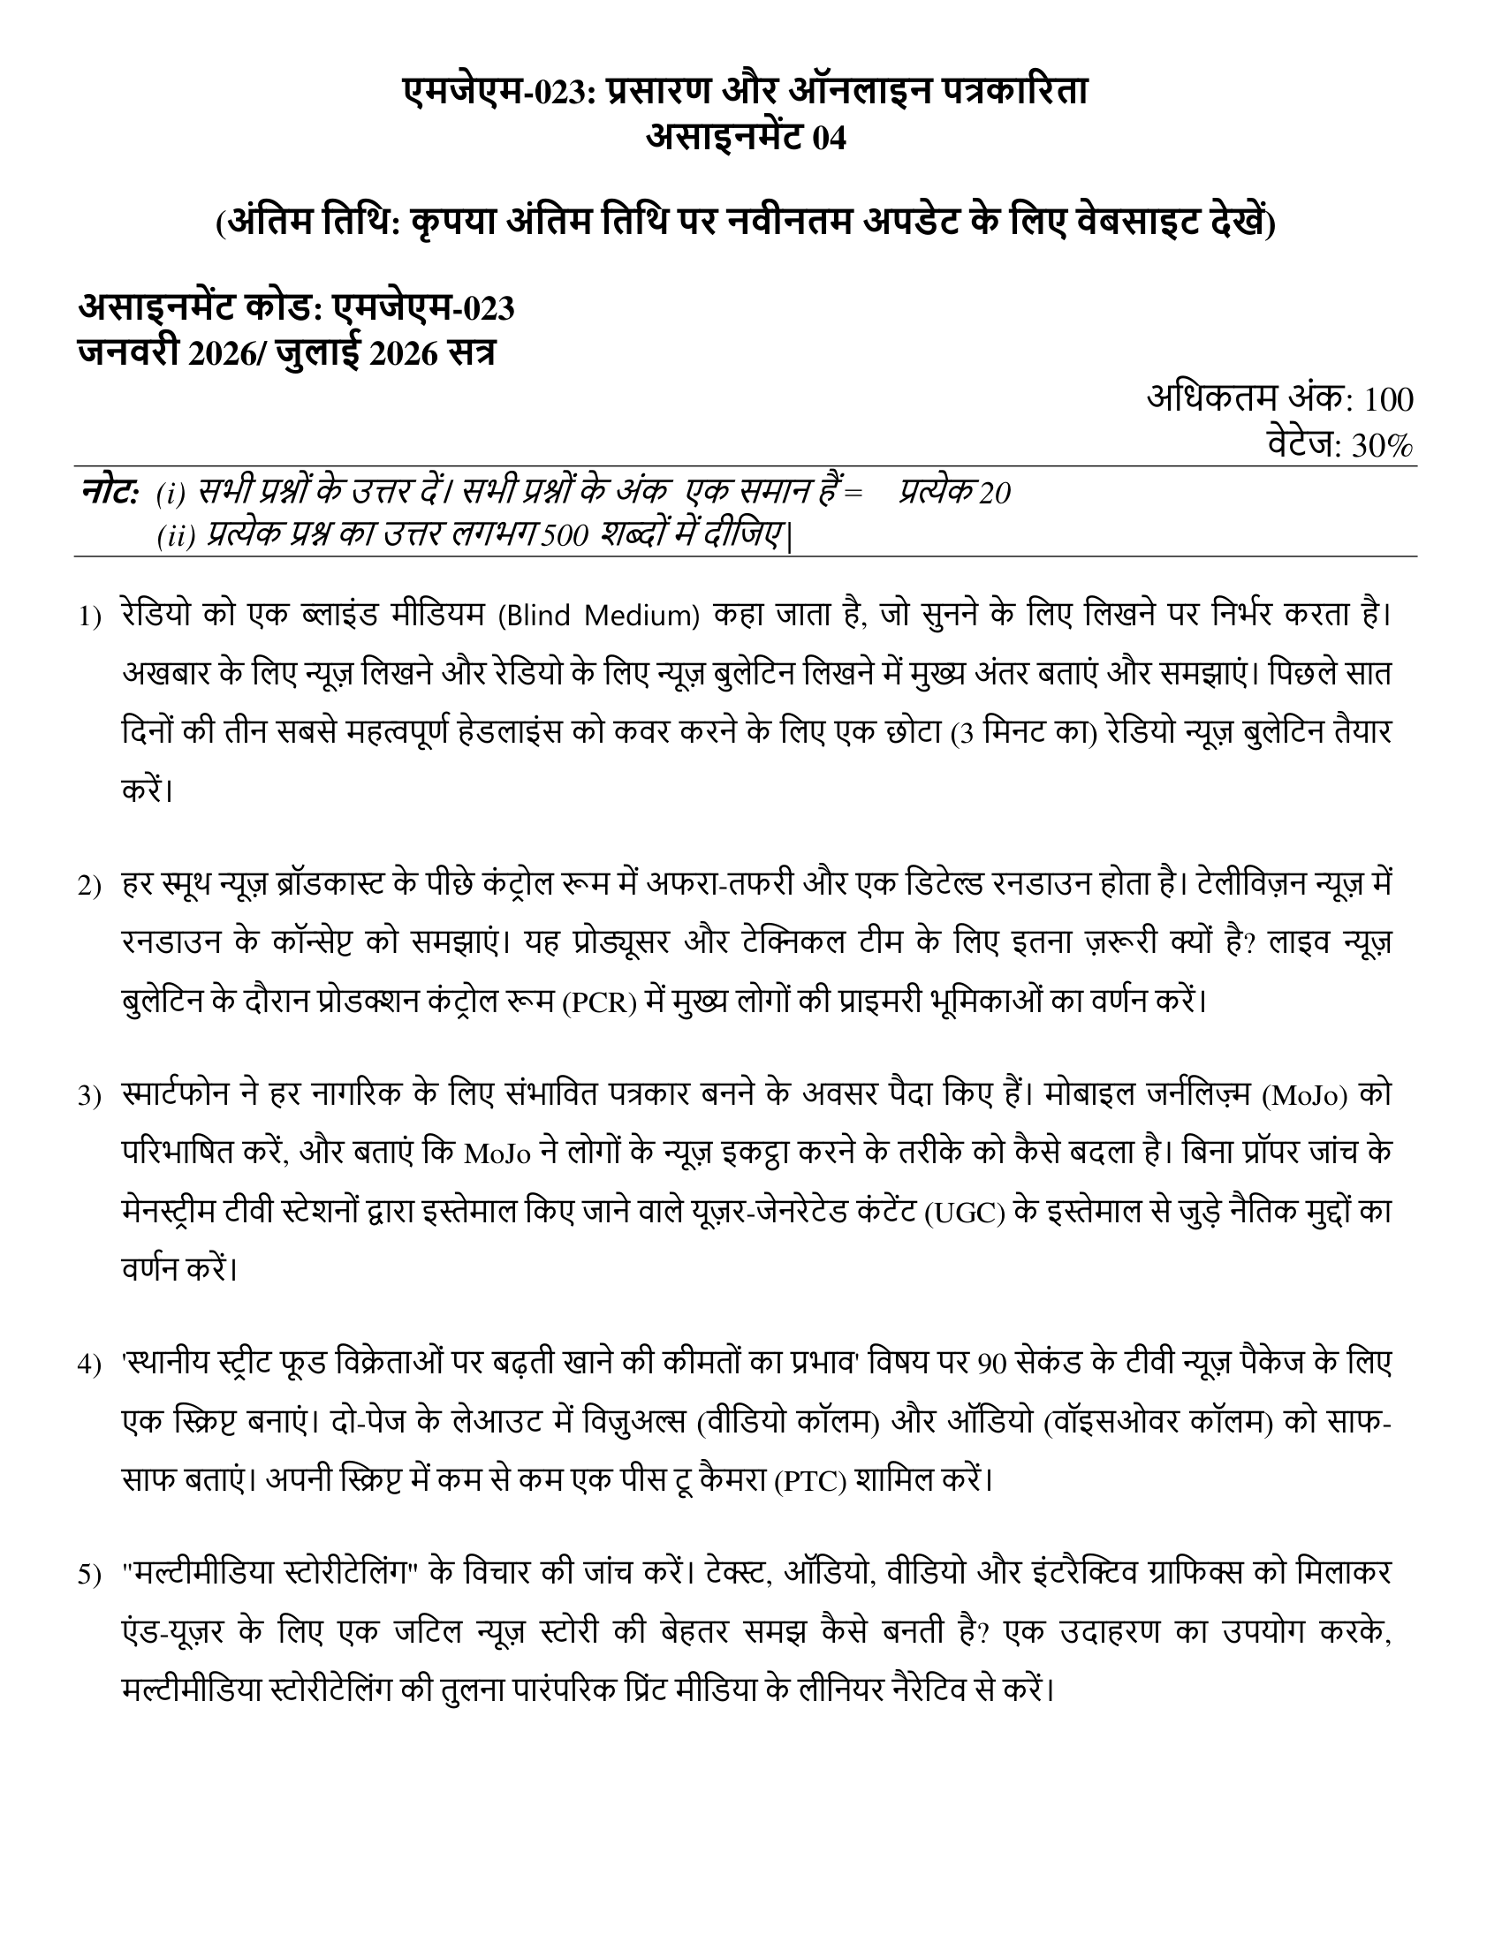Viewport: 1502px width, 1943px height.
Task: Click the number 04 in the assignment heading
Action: pos(829,140)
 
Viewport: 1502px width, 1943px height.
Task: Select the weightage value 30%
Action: pos(1382,446)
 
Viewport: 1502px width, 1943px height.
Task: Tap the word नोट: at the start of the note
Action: pos(110,492)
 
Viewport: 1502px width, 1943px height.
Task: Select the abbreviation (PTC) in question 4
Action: pos(808,1482)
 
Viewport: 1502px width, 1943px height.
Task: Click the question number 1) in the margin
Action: pos(90,616)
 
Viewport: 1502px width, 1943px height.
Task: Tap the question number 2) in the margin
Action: pos(90,886)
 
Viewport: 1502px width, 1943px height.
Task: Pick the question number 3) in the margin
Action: pos(90,1096)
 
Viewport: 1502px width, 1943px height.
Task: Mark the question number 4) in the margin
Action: pos(90,1365)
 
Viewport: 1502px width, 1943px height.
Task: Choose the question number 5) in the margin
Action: pos(90,1576)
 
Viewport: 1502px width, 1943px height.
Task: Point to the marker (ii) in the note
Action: pos(175,536)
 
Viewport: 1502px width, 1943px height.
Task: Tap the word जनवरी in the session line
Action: pos(128,352)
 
